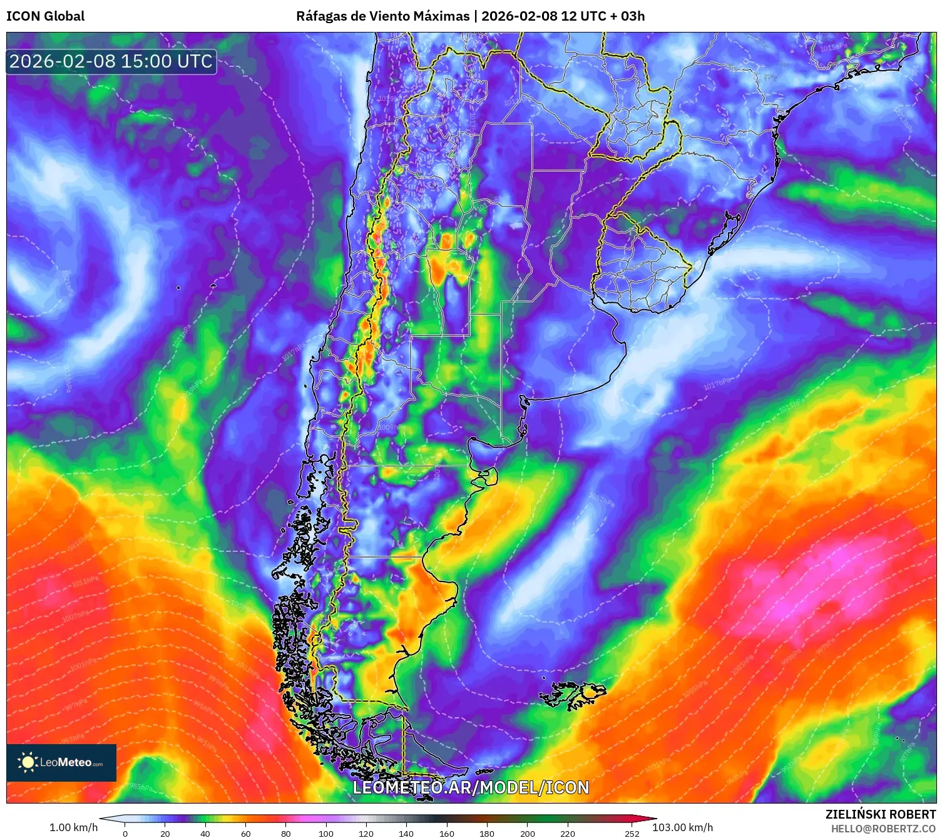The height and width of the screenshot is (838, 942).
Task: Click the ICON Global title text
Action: pos(45,16)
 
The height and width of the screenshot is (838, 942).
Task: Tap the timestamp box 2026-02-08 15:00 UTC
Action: pos(111,61)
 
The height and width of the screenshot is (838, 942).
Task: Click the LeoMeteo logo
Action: pos(61,762)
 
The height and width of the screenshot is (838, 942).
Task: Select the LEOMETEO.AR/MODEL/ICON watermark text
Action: pos(471,787)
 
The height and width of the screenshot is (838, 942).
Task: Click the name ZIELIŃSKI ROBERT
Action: pos(880,814)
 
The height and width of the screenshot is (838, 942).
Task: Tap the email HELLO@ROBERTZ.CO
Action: pos(883,829)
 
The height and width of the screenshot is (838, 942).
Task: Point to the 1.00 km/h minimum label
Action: pos(73,827)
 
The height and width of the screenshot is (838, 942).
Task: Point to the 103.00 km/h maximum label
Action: pos(682,827)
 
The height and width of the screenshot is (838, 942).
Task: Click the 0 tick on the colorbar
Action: pos(125,834)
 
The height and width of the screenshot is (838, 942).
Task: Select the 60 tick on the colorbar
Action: pos(245,834)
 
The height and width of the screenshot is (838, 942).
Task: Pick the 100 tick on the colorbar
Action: pos(326,834)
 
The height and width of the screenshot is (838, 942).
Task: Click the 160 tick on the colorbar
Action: pos(447,834)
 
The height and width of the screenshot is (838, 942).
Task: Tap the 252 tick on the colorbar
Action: pos(632,834)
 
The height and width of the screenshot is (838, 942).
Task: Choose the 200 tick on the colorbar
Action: pos(528,834)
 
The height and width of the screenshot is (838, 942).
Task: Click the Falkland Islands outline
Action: pos(573,694)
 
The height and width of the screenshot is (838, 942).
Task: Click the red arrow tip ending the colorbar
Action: pos(652,819)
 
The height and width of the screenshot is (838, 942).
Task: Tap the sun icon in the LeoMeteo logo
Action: pos(27,762)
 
